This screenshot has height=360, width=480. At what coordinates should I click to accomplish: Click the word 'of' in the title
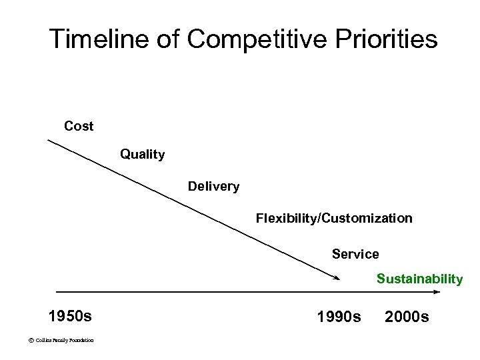tap(169, 39)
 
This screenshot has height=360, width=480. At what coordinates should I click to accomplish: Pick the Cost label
tap(79, 125)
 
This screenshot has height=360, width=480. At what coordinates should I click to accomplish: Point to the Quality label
tap(142, 155)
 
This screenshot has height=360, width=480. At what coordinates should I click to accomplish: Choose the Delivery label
tap(213, 186)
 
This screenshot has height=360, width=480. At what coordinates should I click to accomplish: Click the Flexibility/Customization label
tap(334, 218)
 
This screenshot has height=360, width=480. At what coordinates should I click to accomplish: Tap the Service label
tap(355, 254)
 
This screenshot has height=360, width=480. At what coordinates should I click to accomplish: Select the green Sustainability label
tap(419, 279)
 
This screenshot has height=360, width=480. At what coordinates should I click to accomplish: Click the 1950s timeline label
tap(70, 315)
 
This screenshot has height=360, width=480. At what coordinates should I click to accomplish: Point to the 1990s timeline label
tap(339, 315)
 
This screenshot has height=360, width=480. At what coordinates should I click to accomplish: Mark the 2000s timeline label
tap(407, 315)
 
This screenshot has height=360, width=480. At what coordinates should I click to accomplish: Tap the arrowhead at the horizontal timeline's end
tap(437, 291)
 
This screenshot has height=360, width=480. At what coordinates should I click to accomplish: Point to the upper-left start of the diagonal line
tap(48, 139)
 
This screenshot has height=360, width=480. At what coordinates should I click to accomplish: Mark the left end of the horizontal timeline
tap(57, 291)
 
